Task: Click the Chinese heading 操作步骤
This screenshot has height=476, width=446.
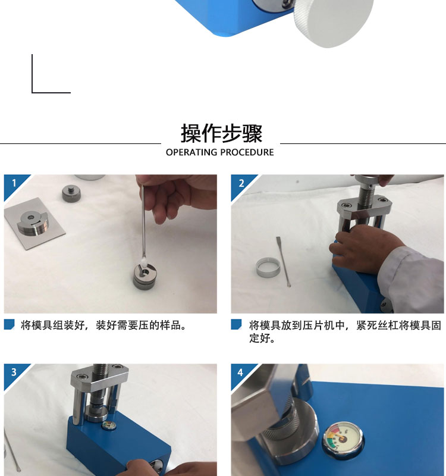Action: (221, 133)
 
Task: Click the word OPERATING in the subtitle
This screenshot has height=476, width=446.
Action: (191, 152)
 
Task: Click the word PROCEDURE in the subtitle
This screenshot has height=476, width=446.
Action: (247, 152)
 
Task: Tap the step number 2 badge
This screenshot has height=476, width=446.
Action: (240, 183)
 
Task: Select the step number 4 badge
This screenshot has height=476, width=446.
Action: (240, 372)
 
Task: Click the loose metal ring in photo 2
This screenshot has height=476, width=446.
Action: (268, 267)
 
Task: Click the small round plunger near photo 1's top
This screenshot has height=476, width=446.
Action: (71, 192)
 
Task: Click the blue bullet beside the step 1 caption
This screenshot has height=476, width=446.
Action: (9, 325)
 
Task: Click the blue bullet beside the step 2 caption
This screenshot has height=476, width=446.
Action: (236, 325)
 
